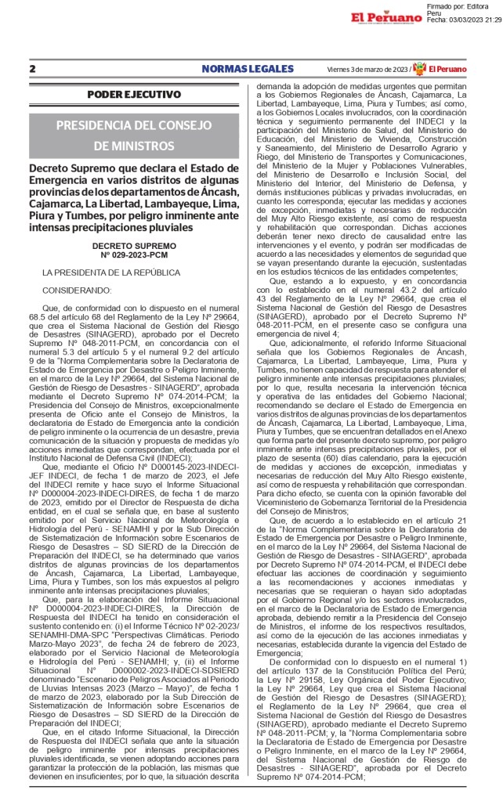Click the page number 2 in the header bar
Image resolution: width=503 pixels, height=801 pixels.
(x=32, y=69)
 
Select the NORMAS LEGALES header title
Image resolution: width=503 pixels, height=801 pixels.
(x=237, y=69)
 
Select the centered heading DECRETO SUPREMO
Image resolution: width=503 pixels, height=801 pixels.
(x=133, y=223)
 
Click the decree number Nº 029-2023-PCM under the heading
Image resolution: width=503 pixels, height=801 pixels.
(x=133, y=233)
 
